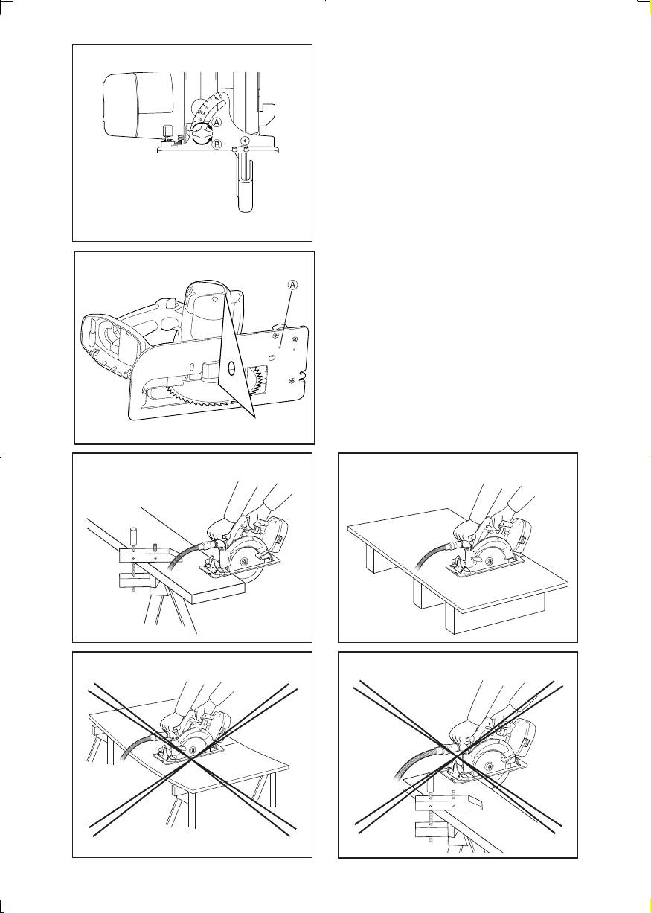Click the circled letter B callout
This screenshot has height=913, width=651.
click(x=217, y=144)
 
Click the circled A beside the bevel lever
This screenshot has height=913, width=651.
click(x=217, y=121)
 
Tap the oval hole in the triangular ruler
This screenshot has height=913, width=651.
click(x=231, y=368)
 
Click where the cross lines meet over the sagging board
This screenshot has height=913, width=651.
click(x=192, y=758)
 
